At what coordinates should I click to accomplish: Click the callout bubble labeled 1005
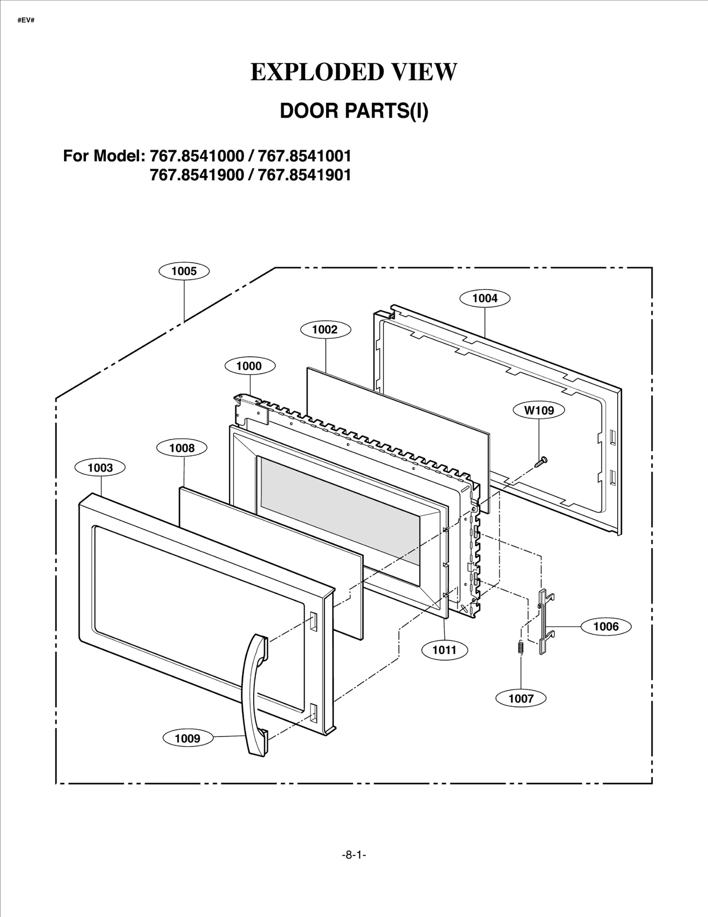[184, 271]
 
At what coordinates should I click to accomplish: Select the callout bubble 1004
[485, 298]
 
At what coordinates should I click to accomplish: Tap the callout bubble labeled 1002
[325, 330]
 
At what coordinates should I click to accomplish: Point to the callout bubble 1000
[250, 366]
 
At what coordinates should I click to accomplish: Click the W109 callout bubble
[539, 410]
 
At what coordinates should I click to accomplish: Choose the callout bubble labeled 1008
[182, 448]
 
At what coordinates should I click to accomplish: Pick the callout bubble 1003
[100, 468]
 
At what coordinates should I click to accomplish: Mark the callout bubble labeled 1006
[606, 626]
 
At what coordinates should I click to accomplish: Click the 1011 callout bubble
[444, 650]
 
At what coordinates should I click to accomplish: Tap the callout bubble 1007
[521, 698]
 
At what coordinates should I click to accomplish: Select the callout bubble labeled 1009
[188, 738]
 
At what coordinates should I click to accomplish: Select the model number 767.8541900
[197, 175]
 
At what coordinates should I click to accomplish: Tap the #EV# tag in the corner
[26, 21]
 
